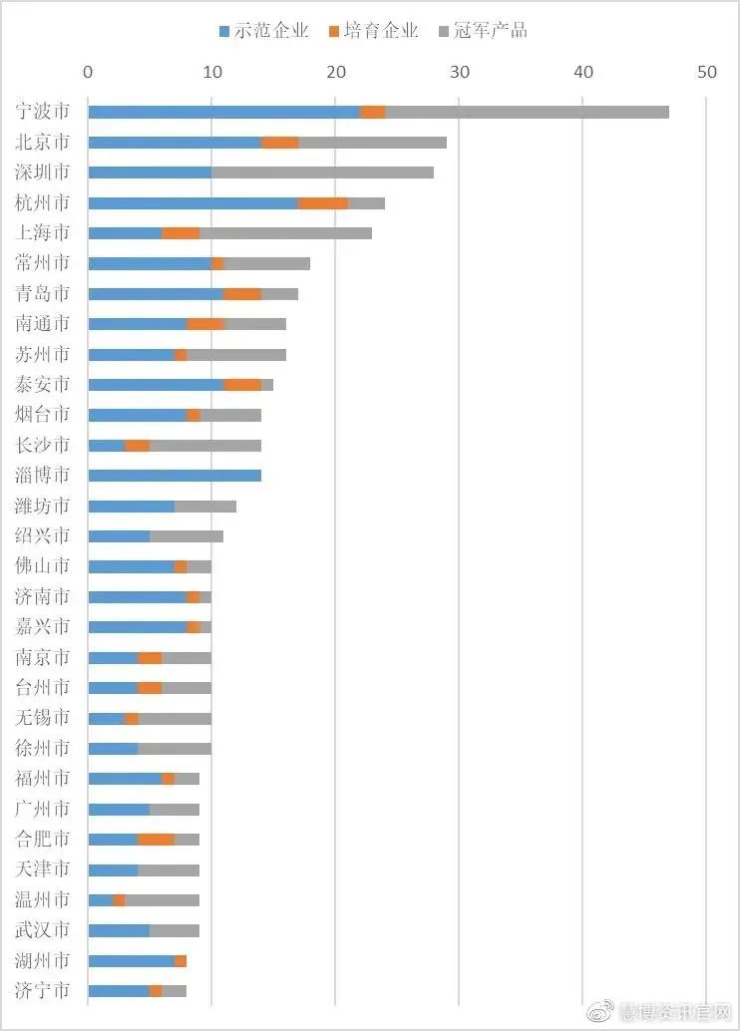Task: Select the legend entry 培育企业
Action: [x=373, y=31]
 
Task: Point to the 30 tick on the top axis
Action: [x=460, y=72]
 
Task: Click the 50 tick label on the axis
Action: [x=707, y=72]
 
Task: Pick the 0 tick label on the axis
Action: [x=89, y=72]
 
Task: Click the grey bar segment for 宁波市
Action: [x=527, y=112]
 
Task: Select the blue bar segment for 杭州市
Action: [x=193, y=203]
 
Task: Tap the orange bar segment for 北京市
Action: [x=280, y=143]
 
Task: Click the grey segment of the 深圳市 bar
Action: [x=322, y=172]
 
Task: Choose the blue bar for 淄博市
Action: [x=175, y=476]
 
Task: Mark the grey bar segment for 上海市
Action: [x=285, y=233]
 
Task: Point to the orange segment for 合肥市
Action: [x=157, y=840]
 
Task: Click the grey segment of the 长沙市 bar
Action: [x=205, y=446]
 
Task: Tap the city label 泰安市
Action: [x=43, y=385]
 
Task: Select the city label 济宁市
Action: [x=43, y=991]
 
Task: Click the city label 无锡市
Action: [x=43, y=718]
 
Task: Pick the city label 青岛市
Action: [x=43, y=294]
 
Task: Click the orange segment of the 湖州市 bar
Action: [x=181, y=961]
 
